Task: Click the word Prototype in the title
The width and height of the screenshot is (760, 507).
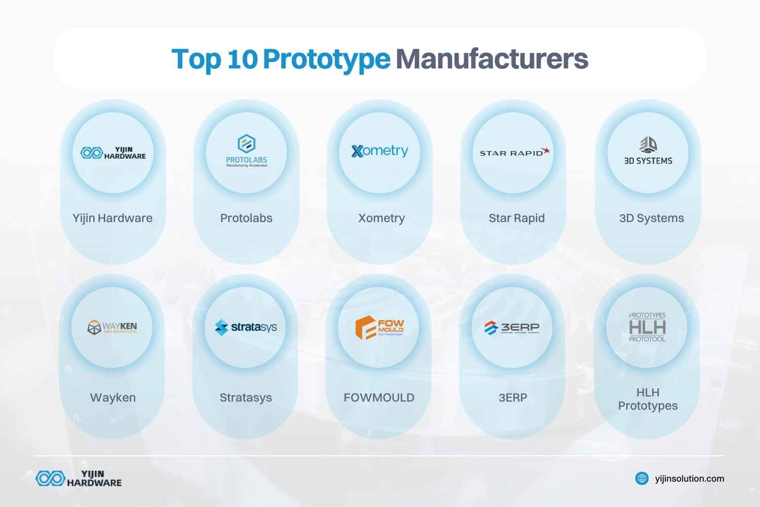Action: (x=326, y=59)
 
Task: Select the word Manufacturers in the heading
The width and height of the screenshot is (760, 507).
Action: (x=491, y=59)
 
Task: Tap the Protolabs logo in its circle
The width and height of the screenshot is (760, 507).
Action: (x=246, y=151)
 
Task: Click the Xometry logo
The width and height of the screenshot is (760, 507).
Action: (x=379, y=151)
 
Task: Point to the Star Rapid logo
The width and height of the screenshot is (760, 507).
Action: (x=514, y=152)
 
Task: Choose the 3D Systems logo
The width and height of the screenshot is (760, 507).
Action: (x=648, y=151)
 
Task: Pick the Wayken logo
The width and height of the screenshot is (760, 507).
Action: (x=112, y=327)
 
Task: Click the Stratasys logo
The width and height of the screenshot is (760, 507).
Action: (x=246, y=327)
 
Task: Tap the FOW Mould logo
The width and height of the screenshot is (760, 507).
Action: (x=379, y=327)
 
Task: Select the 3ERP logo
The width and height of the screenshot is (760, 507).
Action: (x=512, y=328)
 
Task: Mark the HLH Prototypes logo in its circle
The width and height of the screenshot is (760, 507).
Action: (x=647, y=327)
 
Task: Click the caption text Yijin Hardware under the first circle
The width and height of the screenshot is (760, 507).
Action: (x=112, y=218)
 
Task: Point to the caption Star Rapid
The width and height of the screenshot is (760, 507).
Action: (x=516, y=218)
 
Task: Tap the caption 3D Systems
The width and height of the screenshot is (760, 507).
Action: (x=651, y=218)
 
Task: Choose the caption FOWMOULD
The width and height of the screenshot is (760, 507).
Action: (x=379, y=397)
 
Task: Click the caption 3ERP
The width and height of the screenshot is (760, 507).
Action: (x=513, y=397)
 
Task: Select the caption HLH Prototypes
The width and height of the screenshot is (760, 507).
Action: (x=648, y=399)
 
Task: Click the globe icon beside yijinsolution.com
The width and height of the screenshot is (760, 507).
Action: (x=642, y=478)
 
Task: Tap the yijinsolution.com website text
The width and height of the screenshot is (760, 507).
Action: (x=689, y=478)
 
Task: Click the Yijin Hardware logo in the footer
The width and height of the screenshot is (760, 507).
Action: (x=79, y=478)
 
